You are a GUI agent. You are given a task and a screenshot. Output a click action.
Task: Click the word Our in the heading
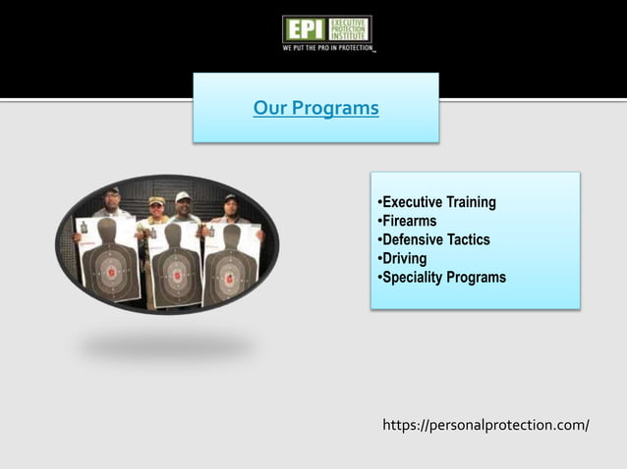pos(268,108)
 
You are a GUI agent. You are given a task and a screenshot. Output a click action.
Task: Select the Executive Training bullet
pos(439,202)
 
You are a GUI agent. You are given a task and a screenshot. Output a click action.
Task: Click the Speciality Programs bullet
pos(443,277)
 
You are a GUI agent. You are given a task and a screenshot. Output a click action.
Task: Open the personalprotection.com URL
pos(485,426)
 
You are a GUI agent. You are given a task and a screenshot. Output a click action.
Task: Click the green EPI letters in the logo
pos(305,28)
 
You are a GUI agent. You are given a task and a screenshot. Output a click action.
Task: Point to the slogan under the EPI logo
pos(328,46)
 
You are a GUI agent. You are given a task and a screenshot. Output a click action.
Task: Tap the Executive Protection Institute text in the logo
pos(351,28)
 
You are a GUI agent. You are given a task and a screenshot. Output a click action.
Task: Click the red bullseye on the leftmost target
pos(110,272)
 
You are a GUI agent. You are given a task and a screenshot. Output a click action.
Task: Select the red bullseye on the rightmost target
pos(229,276)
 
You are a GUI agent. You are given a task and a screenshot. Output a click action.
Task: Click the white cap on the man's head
pos(183,196)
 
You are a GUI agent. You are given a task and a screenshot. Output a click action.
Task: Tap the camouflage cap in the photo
pos(157,200)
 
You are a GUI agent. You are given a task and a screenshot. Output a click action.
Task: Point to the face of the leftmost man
pos(113,200)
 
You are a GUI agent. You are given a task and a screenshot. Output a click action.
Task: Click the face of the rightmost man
pos(231,207)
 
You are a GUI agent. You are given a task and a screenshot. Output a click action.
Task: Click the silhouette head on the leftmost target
pos(107,230)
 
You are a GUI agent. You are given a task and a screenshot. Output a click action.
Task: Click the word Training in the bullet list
pos(472,202)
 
